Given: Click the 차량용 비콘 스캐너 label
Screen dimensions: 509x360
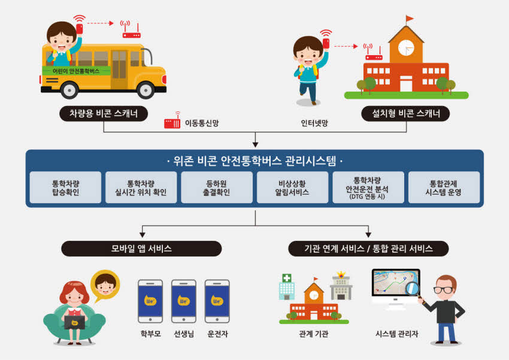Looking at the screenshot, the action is [104, 114].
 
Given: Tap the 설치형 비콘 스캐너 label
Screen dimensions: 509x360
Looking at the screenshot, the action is [405, 114].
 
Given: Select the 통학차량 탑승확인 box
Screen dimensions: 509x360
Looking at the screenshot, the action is [66, 187].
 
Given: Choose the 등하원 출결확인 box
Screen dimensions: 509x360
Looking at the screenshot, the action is [217, 187].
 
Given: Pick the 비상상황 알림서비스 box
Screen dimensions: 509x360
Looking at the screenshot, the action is [292, 187].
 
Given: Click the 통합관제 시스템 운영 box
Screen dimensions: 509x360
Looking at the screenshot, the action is [444, 187].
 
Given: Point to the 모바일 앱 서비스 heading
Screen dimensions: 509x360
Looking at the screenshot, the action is [141, 249].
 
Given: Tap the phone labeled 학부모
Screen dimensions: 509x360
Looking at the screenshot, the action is [150, 301].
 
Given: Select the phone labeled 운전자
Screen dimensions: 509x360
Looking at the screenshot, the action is [217, 301].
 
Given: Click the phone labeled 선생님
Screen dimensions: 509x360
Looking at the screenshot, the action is [184, 301].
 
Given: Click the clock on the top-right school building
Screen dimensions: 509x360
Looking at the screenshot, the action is [406, 48].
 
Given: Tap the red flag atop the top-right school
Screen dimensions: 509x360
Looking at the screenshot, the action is [410, 19].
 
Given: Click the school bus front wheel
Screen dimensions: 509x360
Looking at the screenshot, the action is [146, 90].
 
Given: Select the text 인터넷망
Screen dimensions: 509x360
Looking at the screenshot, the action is [314, 123].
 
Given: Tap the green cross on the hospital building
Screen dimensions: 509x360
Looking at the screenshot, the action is [287, 278].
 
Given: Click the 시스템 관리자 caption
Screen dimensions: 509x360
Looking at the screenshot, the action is [396, 334].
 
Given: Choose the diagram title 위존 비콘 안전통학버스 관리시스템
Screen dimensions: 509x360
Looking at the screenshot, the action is [255, 161].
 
